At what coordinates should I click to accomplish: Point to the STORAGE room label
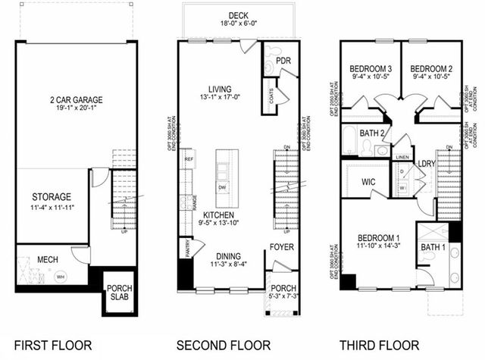pyautogui.click(x=52, y=197)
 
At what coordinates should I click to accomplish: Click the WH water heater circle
pyautogui.click(x=61, y=276)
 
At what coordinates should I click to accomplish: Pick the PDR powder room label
pyautogui.click(x=284, y=61)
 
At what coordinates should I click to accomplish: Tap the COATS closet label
pyautogui.click(x=271, y=97)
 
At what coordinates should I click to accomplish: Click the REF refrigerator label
pyautogui.click(x=189, y=160)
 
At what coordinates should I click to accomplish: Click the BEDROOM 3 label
pyautogui.click(x=369, y=66)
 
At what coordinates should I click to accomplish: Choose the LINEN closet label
pyautogui.click(x=403, y=158)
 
